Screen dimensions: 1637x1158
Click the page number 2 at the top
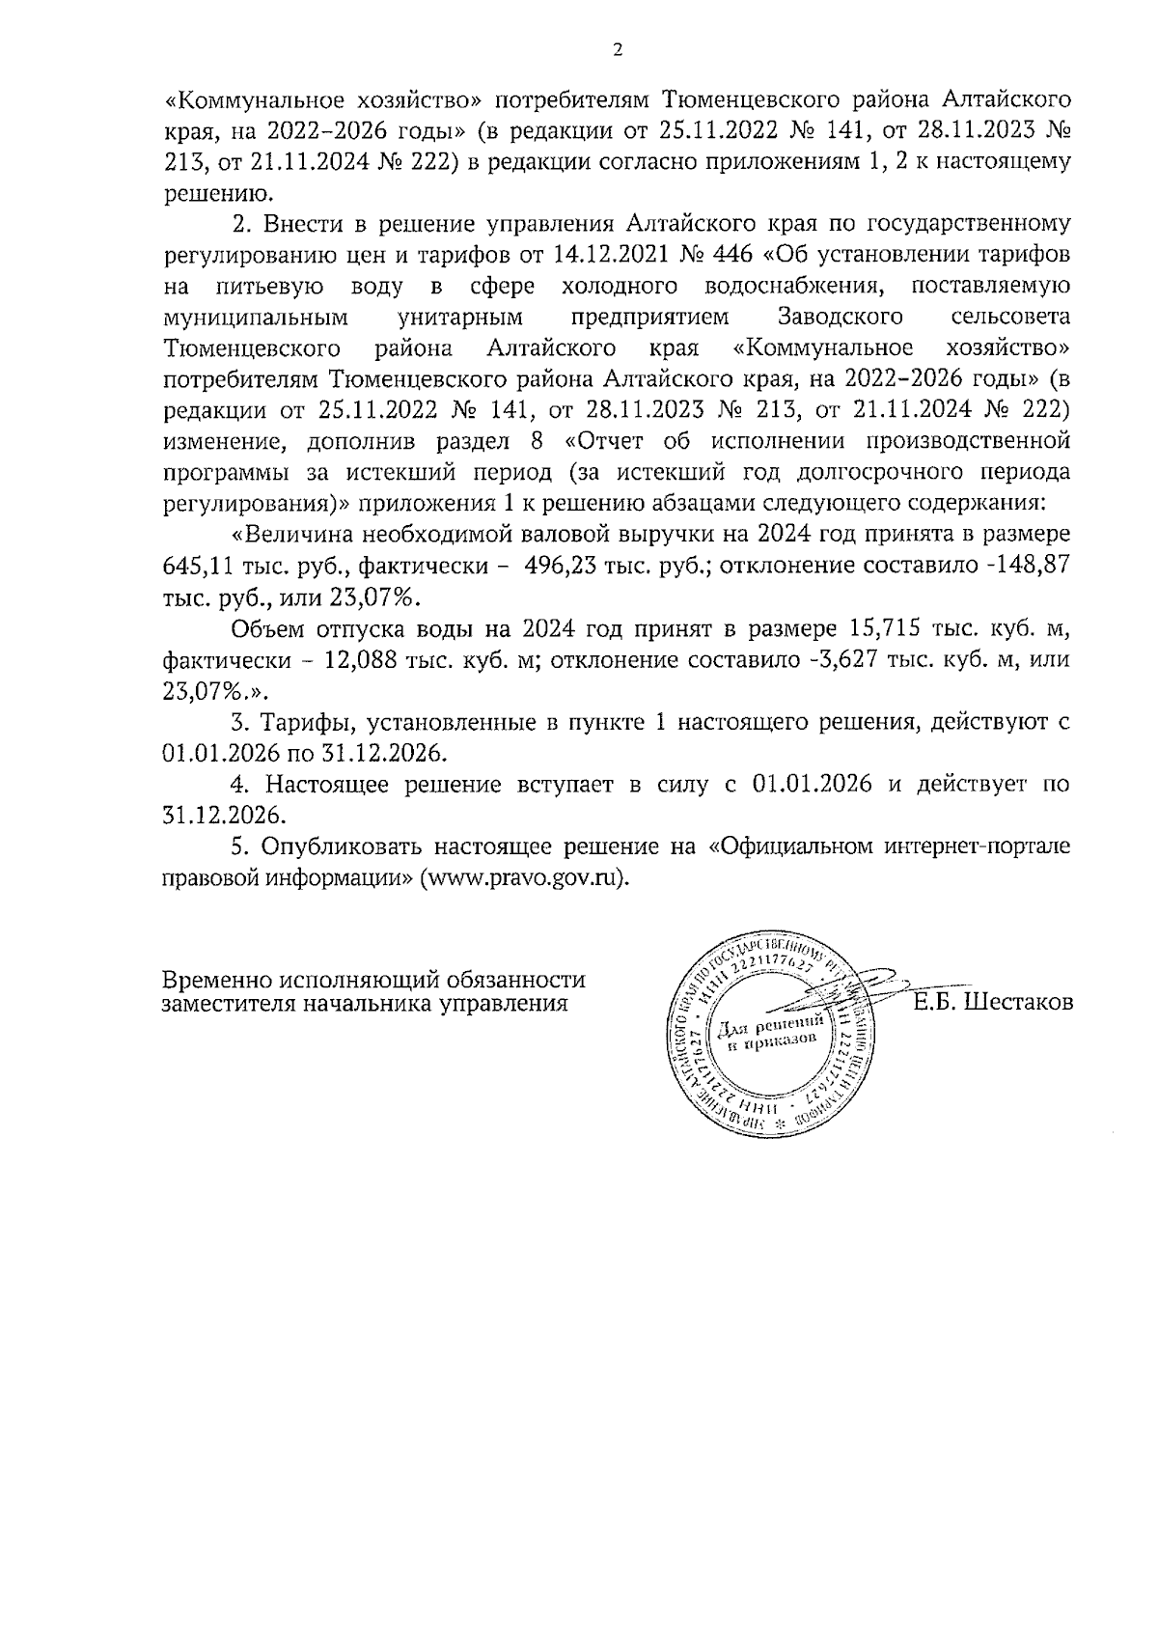(617, 51)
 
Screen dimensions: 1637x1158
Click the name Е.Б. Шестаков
(993, 1002)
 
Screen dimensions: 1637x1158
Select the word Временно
(217, 980)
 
